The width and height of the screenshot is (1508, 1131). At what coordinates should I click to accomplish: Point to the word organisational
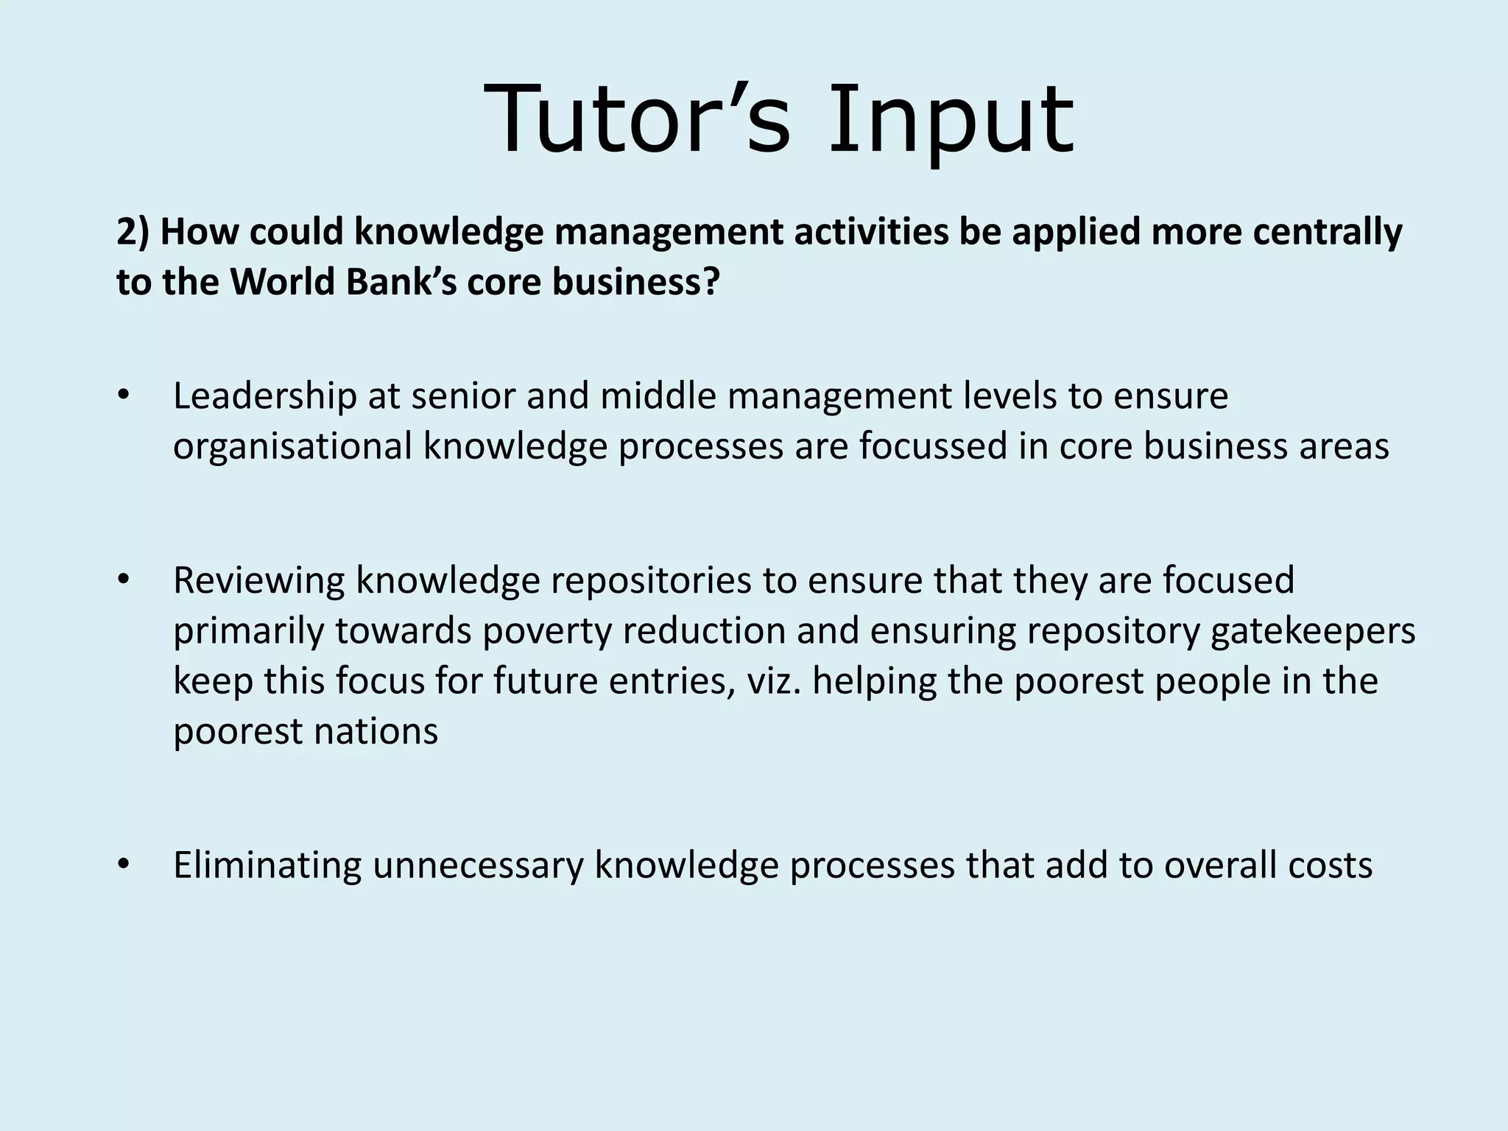click(292, 447)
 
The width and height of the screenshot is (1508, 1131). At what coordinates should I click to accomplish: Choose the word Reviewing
click(258, 580)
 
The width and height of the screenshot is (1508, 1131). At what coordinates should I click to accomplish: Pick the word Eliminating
click(267, 865)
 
